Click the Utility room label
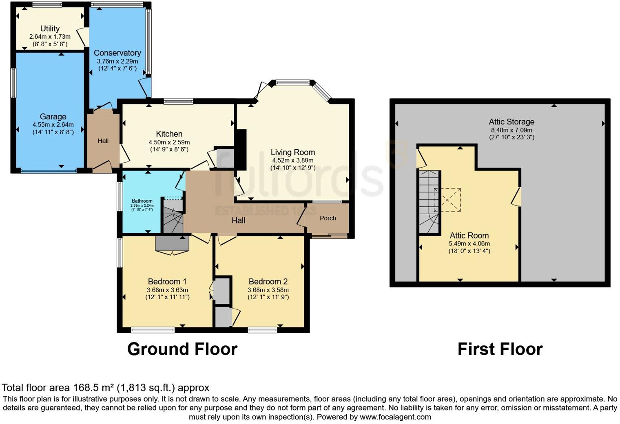click(50, 29)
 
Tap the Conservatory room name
click(117, 53)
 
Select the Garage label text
click(53, 117)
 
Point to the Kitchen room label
click(169, 134)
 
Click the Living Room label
click(293, 152)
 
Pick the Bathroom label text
click(142, 201)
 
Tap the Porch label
click(328, 218)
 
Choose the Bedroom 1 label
click(167, 282)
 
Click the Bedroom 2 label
click(268, 282)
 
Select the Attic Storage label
click(511, 122)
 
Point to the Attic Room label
click(469, 236)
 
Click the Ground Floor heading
click(182, 349)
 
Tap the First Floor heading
click(500, 349)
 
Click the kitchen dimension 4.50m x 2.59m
click(169, 142)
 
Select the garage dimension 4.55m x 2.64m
click(53, 125)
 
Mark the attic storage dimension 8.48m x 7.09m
click(511, 130)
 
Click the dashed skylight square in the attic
click(447, 200)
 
